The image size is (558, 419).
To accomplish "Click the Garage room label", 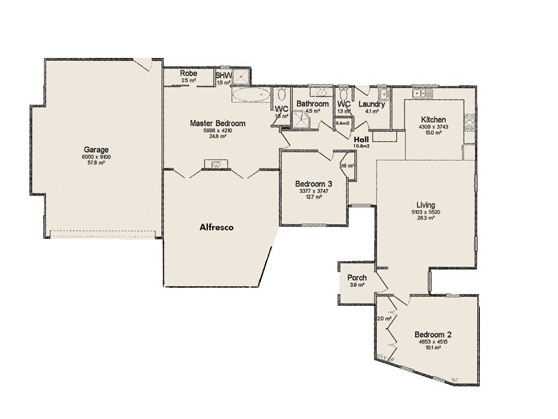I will click(97, 149).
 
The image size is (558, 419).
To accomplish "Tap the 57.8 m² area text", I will click(97, 163).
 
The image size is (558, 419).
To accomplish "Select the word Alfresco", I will click(216, 228).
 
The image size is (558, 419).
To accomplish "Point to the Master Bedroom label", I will click(216, 123).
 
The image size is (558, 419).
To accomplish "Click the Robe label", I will click(188, 73).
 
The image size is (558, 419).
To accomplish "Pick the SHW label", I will click(223, 75).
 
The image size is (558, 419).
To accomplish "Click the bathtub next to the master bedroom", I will click(251, 96).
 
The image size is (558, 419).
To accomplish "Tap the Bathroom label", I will click(312, 104).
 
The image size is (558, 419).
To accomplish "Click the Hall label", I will click(361, 138).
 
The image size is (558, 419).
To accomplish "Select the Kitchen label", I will click(433, 120).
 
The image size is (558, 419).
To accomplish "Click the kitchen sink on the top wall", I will click(421, 92).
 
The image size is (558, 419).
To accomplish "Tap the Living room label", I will click(425, 205).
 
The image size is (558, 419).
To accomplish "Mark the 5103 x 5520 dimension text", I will click(425, 212).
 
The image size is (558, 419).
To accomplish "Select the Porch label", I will click(357, 278).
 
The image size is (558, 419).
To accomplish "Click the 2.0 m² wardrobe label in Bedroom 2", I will click(384, 318).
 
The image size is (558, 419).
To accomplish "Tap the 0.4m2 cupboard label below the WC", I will click(342, 124).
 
